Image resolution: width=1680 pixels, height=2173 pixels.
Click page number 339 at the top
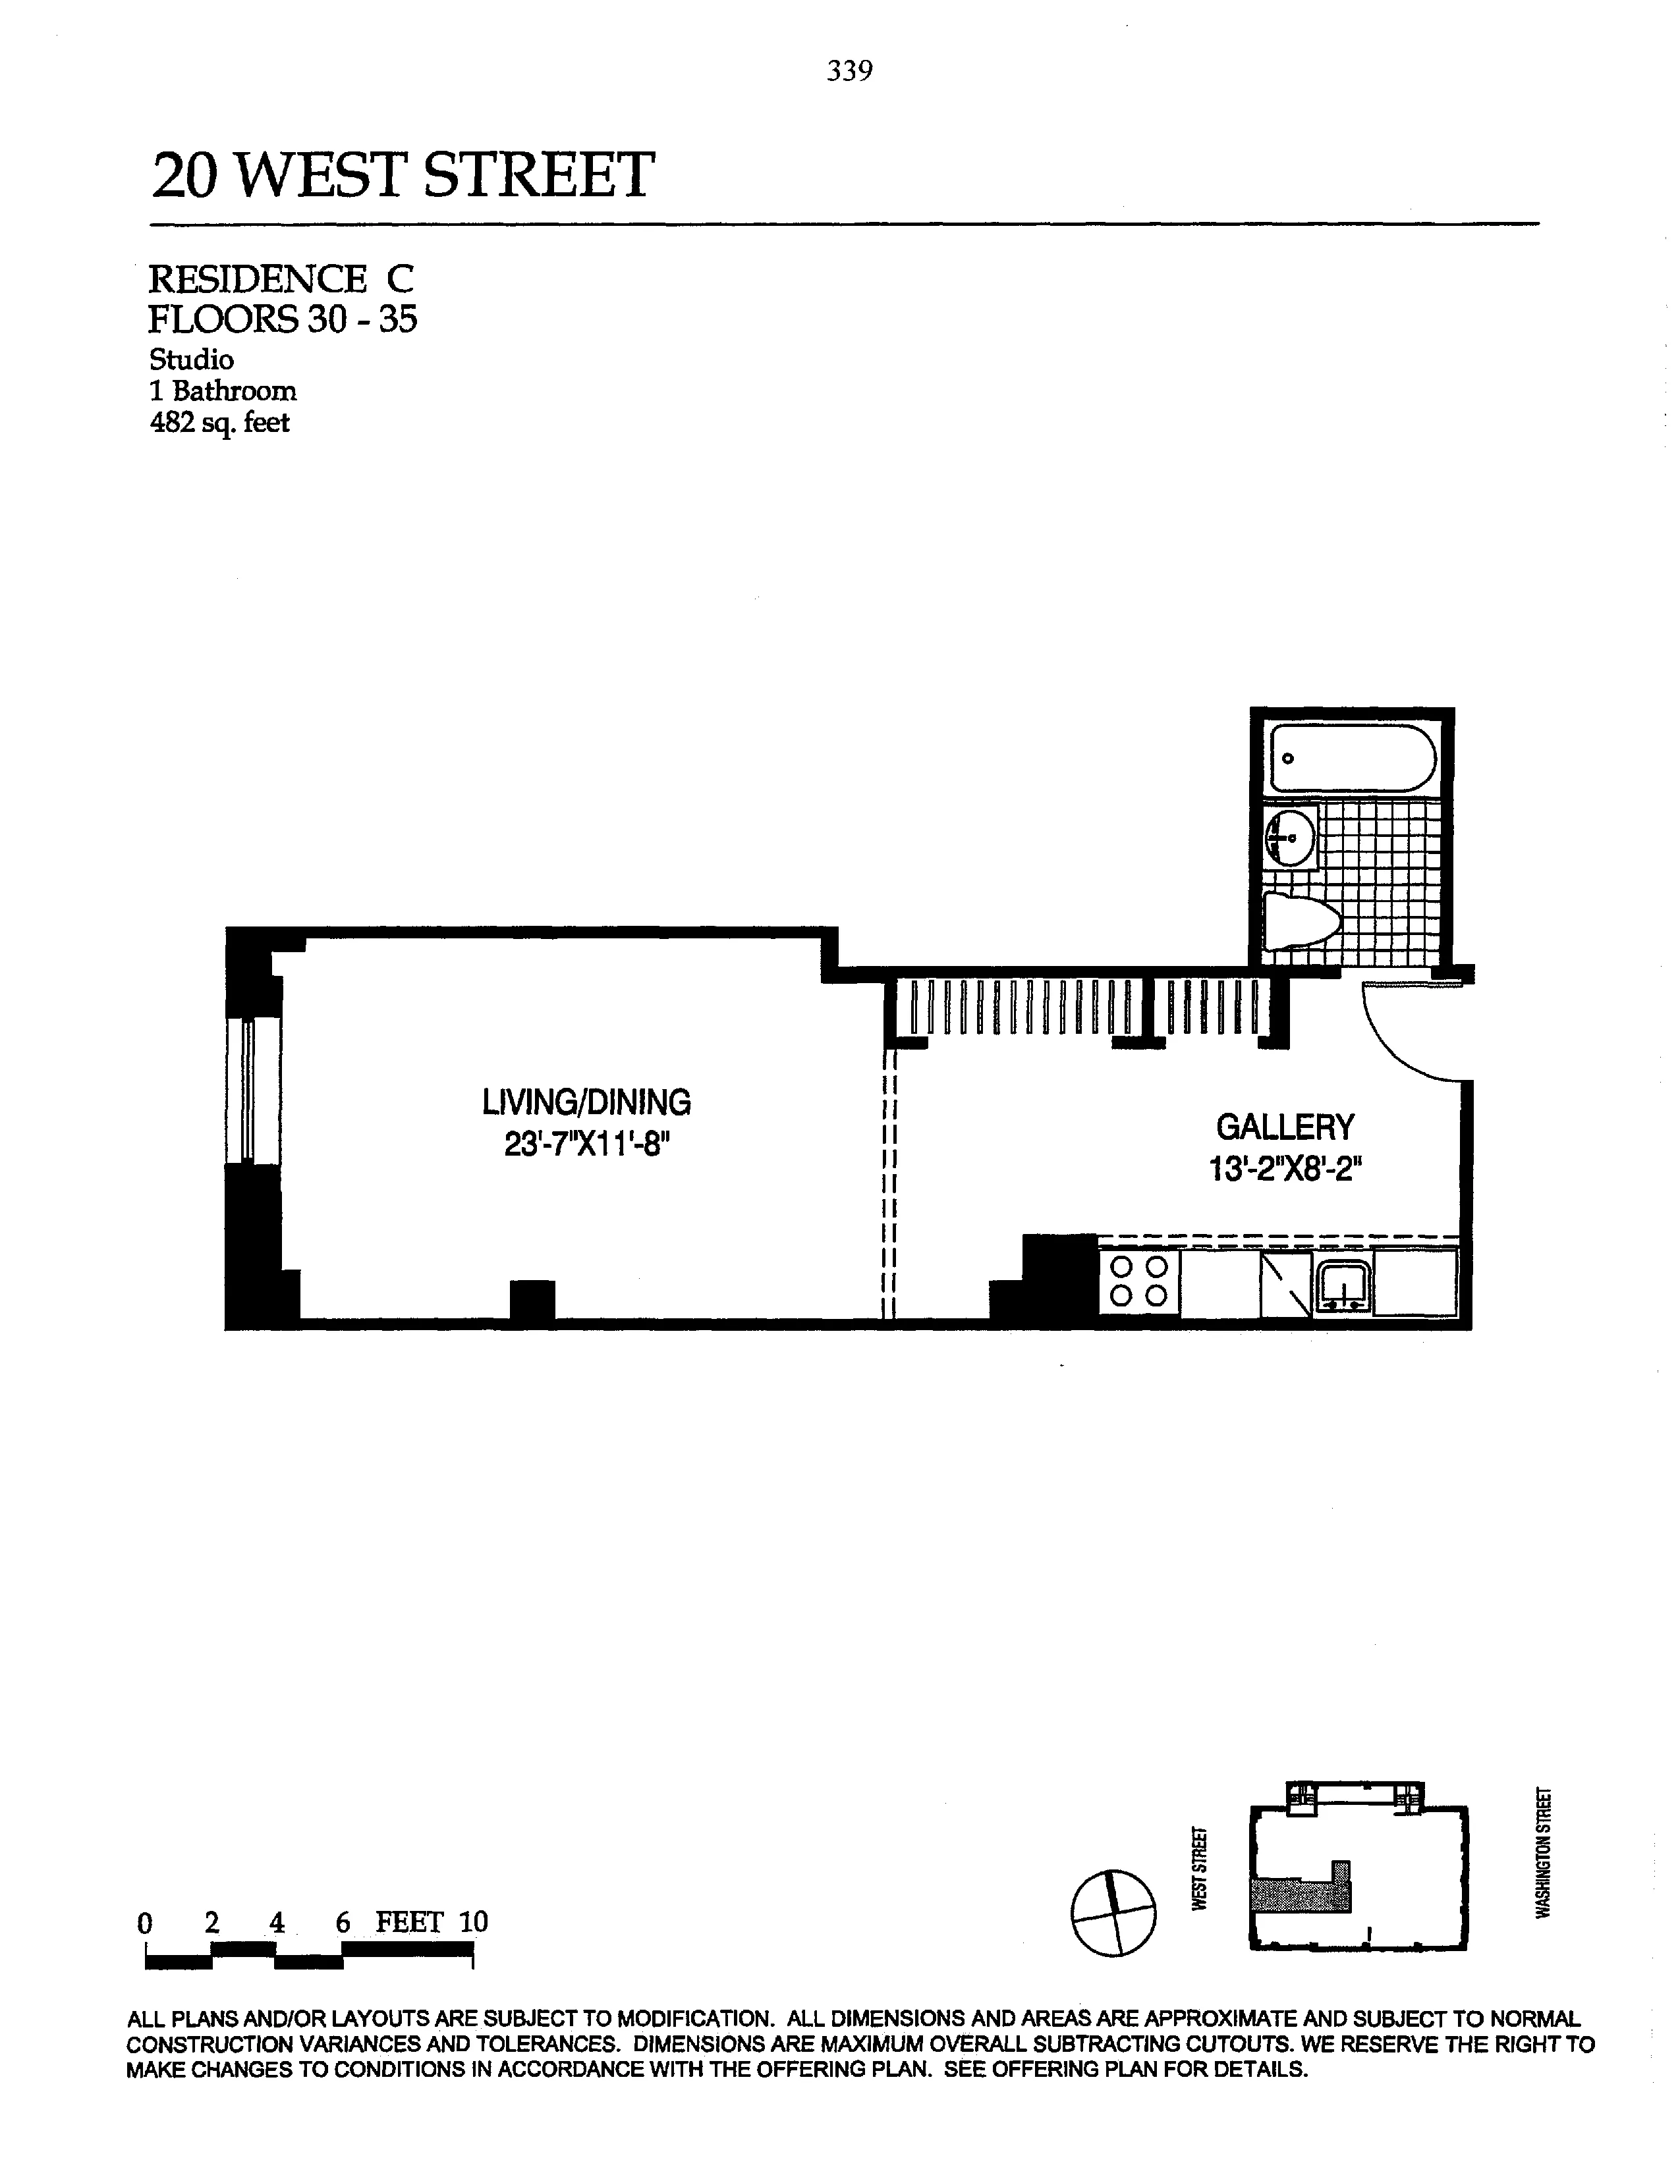(849, 72)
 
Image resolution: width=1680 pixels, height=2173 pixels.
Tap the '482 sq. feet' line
(219, 423)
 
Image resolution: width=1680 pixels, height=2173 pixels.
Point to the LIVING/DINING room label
(586, 1102)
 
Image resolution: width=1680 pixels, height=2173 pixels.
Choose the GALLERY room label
(1285, 1127)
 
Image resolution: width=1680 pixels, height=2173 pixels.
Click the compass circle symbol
(1113, 1912)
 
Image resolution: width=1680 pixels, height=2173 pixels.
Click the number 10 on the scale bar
(474, 1922)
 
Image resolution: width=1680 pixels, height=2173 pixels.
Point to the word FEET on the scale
(408, 1922)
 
